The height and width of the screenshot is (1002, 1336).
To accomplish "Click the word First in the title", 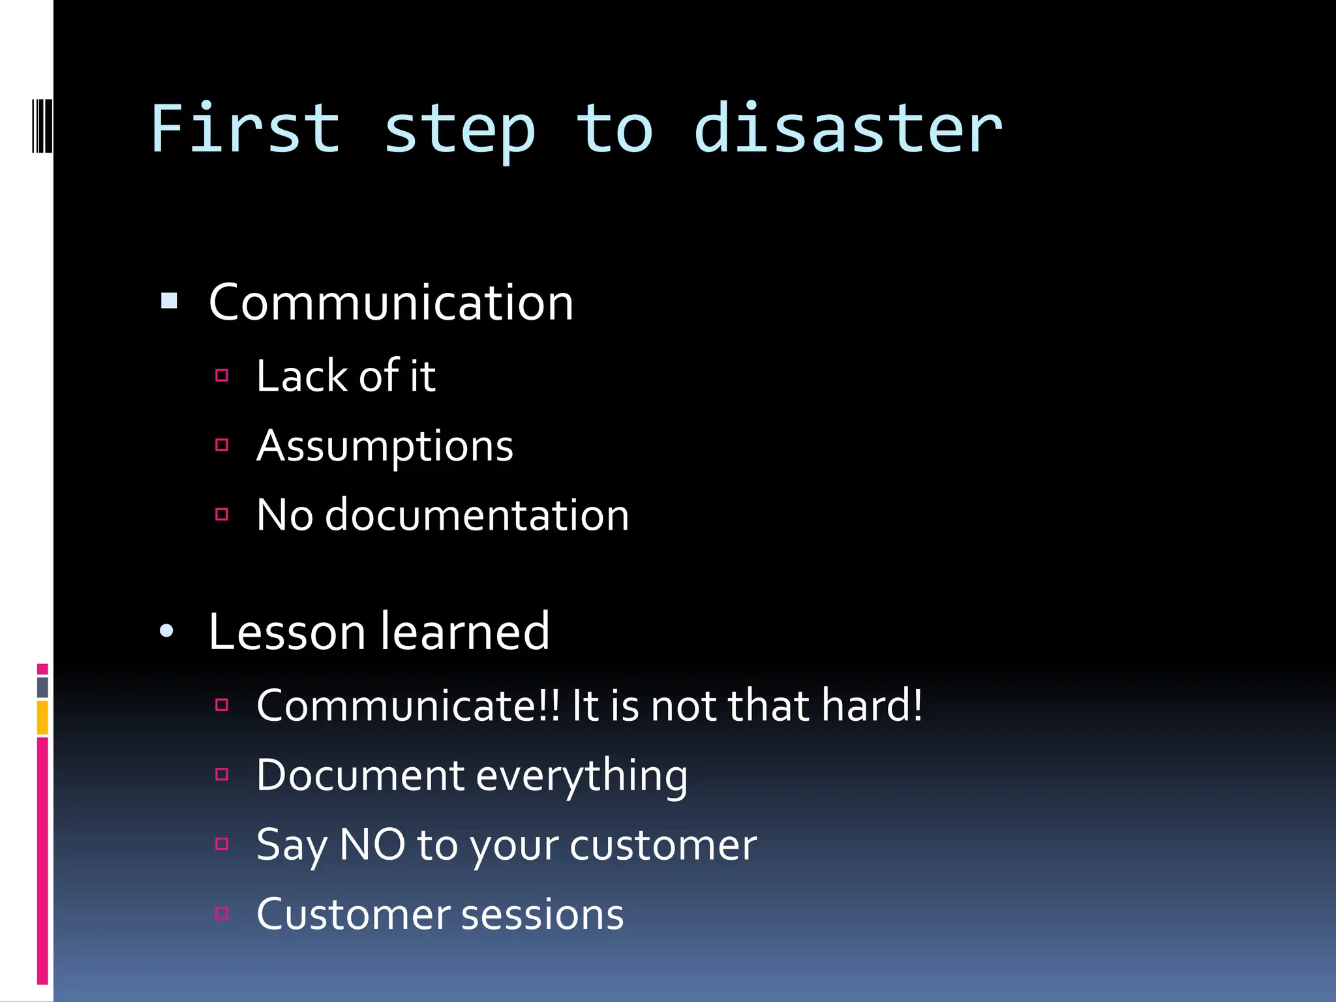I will click(245, 129).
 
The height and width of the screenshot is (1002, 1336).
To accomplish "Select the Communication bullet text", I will click(390, 303).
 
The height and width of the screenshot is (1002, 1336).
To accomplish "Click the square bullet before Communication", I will click(169, 301).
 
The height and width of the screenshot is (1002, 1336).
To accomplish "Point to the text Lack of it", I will click(345, 376).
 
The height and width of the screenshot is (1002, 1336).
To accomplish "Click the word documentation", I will click(476, 515).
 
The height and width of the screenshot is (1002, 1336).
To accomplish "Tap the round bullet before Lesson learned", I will click(167, 631).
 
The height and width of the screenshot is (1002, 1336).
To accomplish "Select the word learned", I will click(464, 632).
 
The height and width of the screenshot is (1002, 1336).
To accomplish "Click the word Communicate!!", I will click(408, 706).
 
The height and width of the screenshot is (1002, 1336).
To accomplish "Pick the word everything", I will click(581, 776).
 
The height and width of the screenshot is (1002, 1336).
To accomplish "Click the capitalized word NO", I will click(372, 845).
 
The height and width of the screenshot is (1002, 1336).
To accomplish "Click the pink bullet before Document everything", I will click(222, 774).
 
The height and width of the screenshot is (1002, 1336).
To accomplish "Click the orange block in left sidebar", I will click(42, 718).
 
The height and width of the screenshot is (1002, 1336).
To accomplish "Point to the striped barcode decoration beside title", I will click(42, 125).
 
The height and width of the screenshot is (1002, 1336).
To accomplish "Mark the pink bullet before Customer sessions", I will click(222, 913).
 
